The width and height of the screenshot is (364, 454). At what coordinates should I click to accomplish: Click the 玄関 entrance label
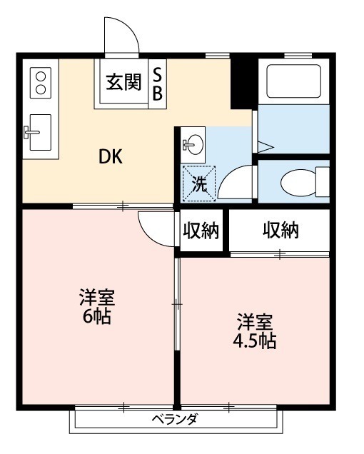(123, 83)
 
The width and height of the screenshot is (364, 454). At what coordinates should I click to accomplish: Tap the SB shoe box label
(158, 83)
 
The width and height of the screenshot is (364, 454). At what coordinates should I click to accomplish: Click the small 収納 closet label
(202, 231)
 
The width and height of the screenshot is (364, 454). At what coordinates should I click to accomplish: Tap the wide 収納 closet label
(280, 231)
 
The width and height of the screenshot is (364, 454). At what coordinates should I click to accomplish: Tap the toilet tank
(323, 181)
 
